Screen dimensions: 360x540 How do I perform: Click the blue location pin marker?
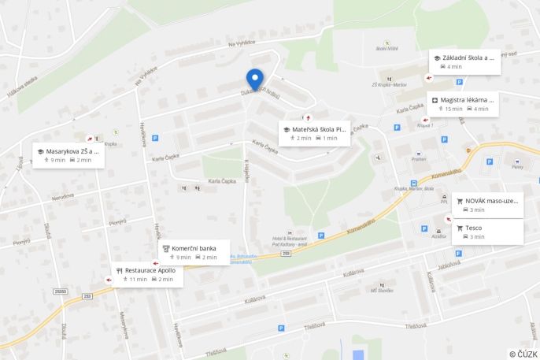(254, 80)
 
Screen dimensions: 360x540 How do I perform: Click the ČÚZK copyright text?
(523, 354)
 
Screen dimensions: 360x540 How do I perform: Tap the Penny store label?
(516, 166)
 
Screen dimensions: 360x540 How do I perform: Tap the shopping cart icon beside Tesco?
(460, 228)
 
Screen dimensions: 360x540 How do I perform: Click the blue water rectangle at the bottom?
(358, 354)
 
